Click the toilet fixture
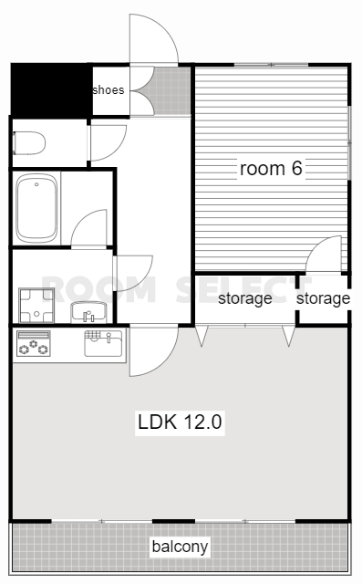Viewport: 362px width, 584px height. [x=29, y=142]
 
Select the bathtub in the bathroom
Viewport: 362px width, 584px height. [x=36, y=208]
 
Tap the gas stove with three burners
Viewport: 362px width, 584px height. [x=34, y=343]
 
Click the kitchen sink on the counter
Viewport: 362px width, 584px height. [x=103, y=343]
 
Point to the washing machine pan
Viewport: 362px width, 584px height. [x=36, y=306]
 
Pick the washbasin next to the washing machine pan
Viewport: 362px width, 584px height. [x=89, y=312]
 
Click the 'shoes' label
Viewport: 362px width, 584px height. [x=109, y=89]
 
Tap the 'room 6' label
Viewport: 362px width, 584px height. [x=271, y=168]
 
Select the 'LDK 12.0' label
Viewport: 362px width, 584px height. [x=180, y=422]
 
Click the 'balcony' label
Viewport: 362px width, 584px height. [x=180, y=547]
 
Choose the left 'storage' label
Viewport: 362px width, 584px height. [x=244, y=298]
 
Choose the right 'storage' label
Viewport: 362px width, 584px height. [x=323, y=298]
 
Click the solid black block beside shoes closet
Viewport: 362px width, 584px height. [x=51, y=89]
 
